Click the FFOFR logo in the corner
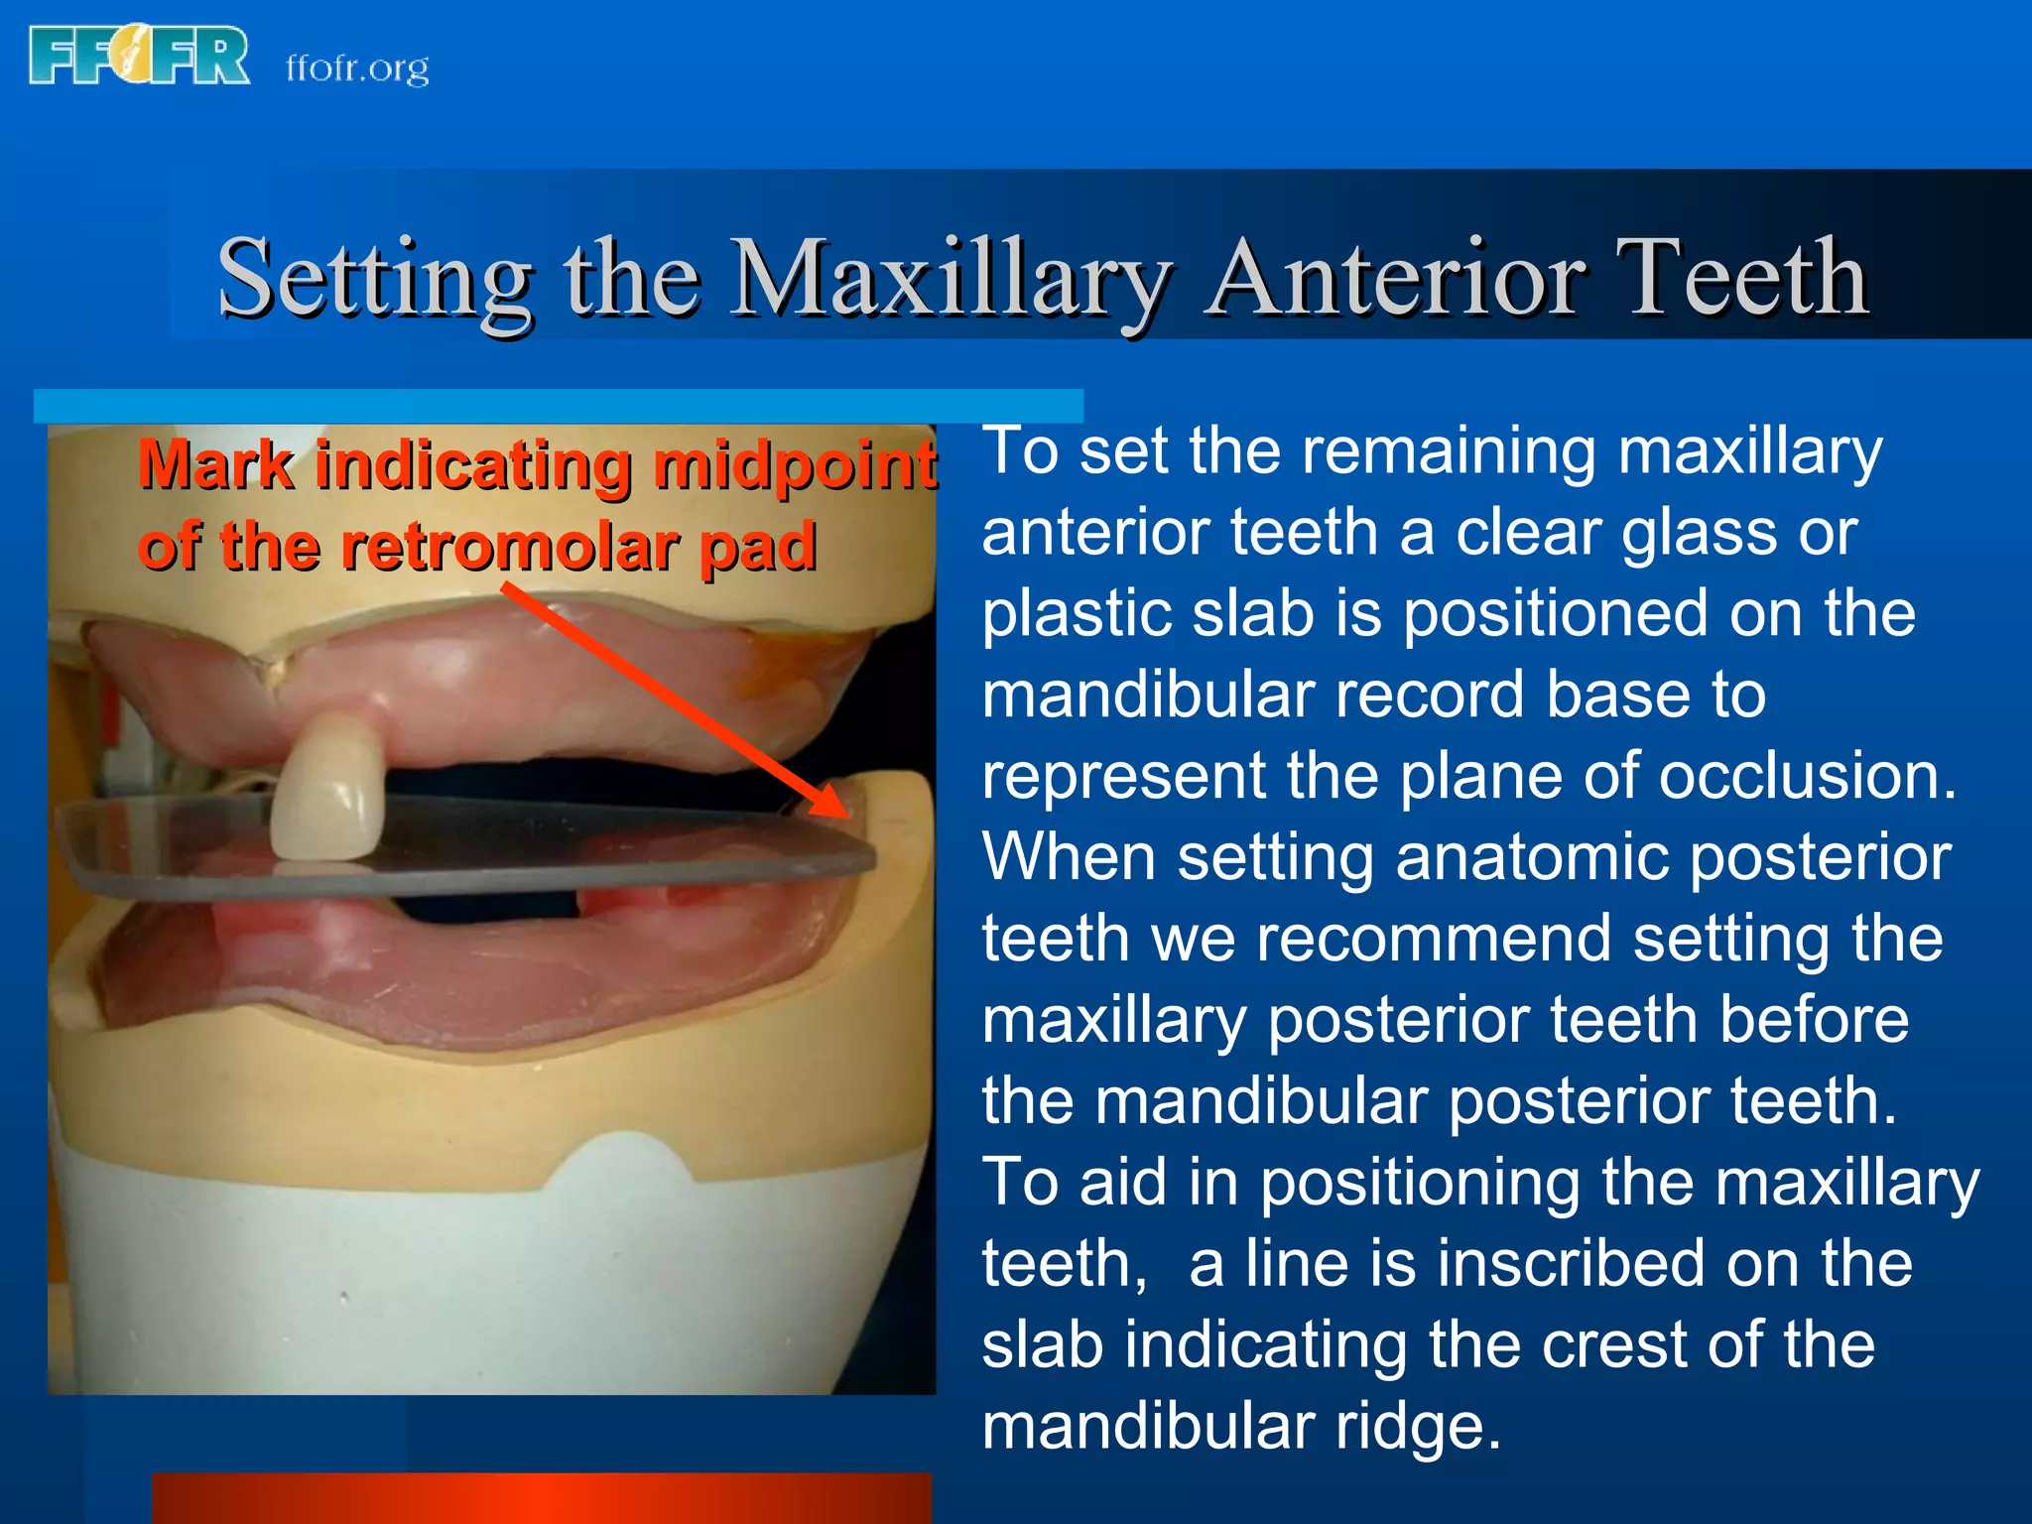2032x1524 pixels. pyautogui.click(x=139, y=57)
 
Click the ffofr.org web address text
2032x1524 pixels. pyautogui.click(x=357, y=67)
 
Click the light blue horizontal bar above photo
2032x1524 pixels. pyautogui.click(x=558, y=406)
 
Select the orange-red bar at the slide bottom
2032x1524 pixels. pyautogui.click(x=542, y=1498)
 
